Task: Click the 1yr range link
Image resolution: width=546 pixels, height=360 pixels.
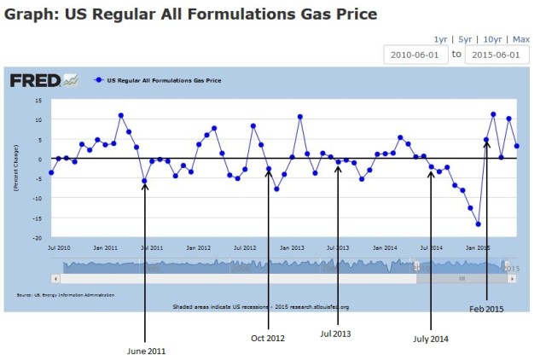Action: [x=440, y=39]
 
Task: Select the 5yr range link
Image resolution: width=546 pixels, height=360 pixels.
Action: [x=465, y=39]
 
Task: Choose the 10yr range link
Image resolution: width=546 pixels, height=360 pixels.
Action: [x=492, y=39]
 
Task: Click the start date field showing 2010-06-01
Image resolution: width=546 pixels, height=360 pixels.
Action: [x=415, y=54]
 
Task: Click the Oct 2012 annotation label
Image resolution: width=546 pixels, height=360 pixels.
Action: [x=267, y=338]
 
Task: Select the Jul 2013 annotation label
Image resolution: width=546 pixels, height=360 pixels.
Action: [x=336, y=334]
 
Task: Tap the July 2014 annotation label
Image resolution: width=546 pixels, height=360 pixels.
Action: [x=430, y=338]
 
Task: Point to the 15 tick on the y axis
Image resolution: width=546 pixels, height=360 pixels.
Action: [x=38, y=100]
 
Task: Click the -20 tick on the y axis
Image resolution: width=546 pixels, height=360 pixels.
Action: [x=37, y=238]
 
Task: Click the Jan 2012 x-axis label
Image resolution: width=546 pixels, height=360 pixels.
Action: [x=198, y=247]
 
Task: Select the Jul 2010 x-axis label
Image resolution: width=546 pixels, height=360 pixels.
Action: [x=58, y=247]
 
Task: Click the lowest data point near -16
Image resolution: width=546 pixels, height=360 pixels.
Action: [x=479, y=224]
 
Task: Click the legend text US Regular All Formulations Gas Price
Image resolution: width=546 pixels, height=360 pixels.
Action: [x=163, y=80]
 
